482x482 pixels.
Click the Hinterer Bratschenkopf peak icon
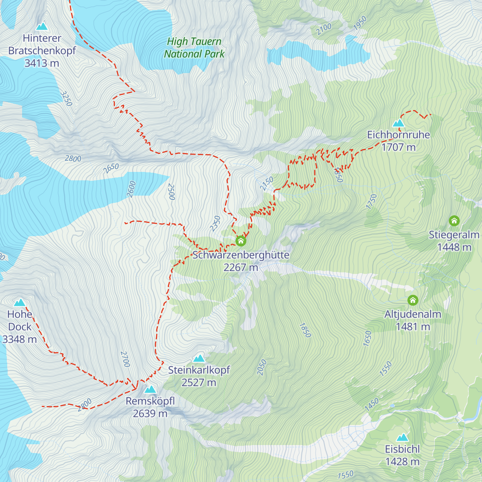coord(42,27)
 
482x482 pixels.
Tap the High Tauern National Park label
coord(194,47)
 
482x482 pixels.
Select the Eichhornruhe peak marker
coord(398,123)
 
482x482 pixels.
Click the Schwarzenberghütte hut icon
coord(241,241)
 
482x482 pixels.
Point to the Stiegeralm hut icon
coord(454,221)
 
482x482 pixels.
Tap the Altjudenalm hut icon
coord(413,300)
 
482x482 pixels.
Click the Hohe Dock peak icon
coord(19,302)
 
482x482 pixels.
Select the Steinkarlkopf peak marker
coord(199,358)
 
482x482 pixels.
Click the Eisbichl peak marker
coord(402,437)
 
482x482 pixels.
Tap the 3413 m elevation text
coord(42,63)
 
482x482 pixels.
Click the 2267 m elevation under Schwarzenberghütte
coord(241,267)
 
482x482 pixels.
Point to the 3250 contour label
coord(66,98)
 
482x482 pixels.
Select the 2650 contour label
coord(111,168)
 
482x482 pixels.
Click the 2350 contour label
coord(215,223)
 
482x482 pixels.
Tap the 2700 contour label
coord(125,359)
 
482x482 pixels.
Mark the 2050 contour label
coord(261,368)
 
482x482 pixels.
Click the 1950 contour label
coord(360,23)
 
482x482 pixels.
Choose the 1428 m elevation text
coord(402,462)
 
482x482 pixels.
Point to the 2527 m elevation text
coord(199,382)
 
